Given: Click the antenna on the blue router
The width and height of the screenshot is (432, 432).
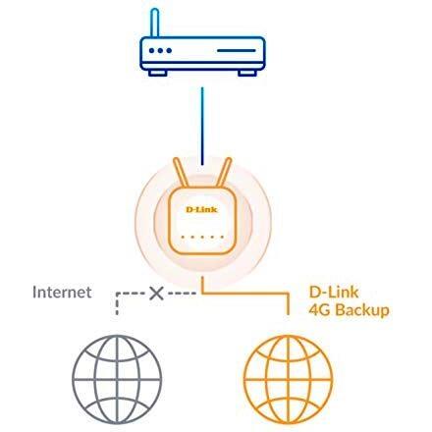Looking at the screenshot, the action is (155, 23).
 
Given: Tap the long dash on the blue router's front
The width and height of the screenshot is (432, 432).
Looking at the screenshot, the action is (237, 51).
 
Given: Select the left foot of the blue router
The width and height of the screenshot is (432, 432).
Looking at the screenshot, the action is (158, 73).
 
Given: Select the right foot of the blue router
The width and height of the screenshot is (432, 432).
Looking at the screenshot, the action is (246, 73).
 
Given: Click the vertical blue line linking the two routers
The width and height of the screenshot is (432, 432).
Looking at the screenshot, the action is (202, 126).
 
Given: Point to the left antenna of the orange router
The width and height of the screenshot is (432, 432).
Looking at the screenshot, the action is (181, 173).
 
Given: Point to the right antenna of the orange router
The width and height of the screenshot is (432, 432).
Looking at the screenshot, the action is (224, 173).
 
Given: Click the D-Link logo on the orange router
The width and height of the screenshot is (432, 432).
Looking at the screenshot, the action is (201, 209).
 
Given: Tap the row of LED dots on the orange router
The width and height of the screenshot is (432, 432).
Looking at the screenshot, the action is (202, 237).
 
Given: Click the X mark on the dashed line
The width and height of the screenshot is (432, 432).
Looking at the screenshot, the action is (156, 294).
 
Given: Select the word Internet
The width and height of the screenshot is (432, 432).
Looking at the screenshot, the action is (62, 292).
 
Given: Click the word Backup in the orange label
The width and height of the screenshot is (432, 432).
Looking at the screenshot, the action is (362, 310).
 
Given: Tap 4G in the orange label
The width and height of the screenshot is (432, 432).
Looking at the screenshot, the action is (320, 310).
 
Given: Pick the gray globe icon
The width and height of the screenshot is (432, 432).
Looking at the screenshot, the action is (117, 380).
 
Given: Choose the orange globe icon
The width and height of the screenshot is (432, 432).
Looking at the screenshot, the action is (289, 380).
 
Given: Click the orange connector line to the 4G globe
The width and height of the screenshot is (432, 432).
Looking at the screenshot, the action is (245, 294).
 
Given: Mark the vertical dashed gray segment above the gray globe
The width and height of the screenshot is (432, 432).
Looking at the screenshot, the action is (117, 304).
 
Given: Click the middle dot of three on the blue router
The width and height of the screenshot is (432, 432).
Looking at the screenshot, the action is (160, 51).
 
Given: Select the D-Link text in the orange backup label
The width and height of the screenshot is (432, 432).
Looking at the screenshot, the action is (334, 293).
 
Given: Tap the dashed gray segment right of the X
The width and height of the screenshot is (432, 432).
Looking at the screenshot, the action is (182, 294).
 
